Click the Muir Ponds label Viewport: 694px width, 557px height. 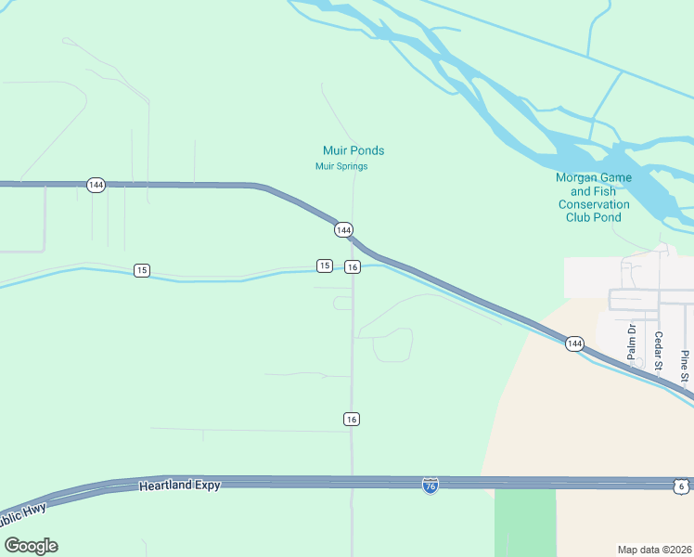[x=353, y=150]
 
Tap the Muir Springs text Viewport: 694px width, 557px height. [x=341, y=167]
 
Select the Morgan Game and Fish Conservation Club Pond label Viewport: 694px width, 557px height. [x=594, y=197]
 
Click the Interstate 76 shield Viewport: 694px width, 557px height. [x=430, y=486]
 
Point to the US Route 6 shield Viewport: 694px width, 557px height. [x=680, y=486]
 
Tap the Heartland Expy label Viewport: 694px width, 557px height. [x=180, y=486]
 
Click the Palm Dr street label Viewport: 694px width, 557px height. [x=631, y=341]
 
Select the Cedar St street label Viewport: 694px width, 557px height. [x=658, y=351]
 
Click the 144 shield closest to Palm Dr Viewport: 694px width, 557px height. [x=574, y=343]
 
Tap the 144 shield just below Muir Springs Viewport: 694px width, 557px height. [x=343, y=229]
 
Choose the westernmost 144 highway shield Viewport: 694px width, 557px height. [x=96, y=185]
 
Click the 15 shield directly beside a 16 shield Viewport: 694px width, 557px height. [x=324, y=266]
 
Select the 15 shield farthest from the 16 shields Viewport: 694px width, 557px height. [x=141, y=270]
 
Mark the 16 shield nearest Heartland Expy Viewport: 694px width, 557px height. [x=352, y=419]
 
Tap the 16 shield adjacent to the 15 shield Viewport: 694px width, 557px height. [x=352, y=267]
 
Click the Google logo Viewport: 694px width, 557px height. [x=31, y=546]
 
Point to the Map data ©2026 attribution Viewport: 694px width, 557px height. [x=654, y=550]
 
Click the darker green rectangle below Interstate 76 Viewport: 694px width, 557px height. [x=525, y=523]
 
